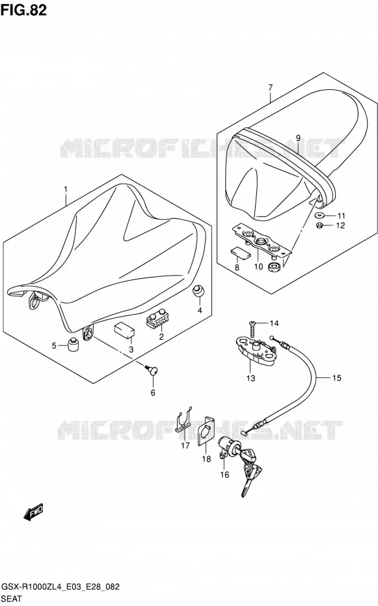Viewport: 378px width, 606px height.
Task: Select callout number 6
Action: click(x=153, y=393)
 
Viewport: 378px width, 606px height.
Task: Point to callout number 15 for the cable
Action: click(x=337, y=377)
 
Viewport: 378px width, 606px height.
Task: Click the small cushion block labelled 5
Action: click(x=74, y=345)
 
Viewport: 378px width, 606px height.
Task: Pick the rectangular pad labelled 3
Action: click(x=124, y=330)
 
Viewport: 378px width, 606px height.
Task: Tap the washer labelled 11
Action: click(x=320, y=215)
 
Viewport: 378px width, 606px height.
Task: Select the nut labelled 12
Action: click(x=319, y=225)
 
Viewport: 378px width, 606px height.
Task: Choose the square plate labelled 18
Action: click(x=207, y=431)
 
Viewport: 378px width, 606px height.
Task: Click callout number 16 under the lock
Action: click(x=224, y=474)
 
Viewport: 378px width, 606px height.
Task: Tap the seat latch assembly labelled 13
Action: click(x=255, y=351)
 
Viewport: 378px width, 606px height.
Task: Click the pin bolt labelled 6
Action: click(x=152, y=371)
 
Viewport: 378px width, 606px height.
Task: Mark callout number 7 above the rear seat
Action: click(x=270, y=87)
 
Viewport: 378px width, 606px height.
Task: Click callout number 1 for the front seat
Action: click(x=66, y=190)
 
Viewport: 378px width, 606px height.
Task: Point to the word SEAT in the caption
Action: click(x=12, y=599)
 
